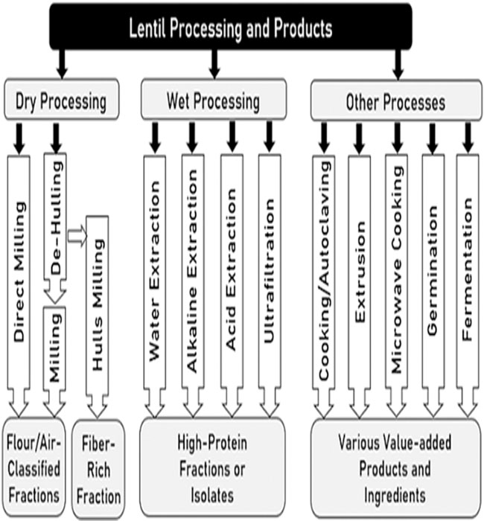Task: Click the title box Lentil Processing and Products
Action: pos(230,29)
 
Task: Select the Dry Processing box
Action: pos(61,100)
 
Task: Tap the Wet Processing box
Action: pos(212,100)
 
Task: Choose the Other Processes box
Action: pos(395,100)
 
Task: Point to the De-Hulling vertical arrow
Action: pos(55,223)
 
